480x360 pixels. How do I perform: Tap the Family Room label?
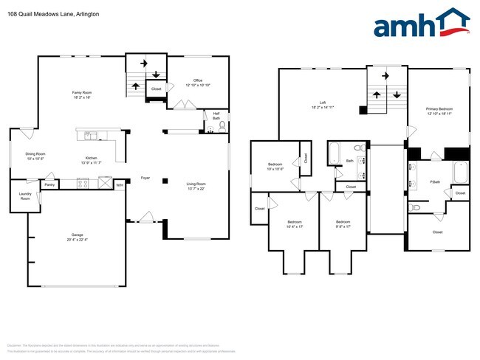coord(81,93)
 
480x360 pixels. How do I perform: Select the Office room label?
coord(198,80)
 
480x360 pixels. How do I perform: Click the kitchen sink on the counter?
coord(89,135)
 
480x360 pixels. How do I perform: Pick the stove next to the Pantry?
coord(78,184)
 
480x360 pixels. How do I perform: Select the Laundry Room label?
coord(25,197)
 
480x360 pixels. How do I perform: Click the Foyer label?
coord(145,179)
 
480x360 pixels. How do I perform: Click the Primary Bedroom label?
coord(438,108)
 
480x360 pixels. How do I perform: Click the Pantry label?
coord(49,184)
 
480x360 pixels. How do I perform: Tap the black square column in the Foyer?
coord(165,180)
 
